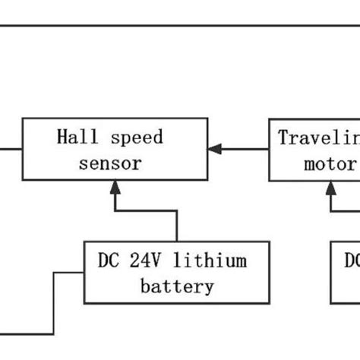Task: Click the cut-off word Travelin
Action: pyautogui.click(x=318, y=138)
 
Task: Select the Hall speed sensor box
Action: pyautogui.click(x=114, y=150)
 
